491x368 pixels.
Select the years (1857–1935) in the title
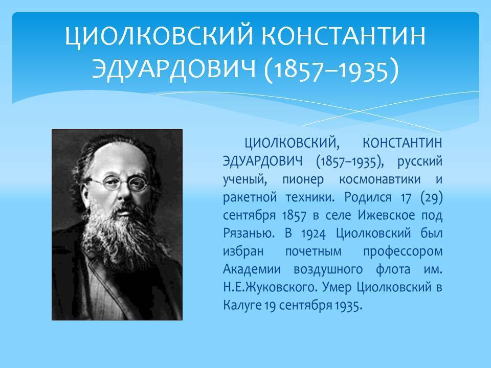click(x=331, y=70)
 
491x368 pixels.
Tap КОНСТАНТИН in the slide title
click(x=343, y=35)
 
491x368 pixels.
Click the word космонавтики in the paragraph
click(x=380, y=179)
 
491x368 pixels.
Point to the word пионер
click(x=303, y=180)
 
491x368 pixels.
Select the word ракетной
click(x=250, y=198)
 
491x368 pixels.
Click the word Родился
click(x=368, y=197)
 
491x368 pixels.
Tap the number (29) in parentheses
click(x=432, y=198)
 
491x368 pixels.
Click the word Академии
click(x=252, y=269)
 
